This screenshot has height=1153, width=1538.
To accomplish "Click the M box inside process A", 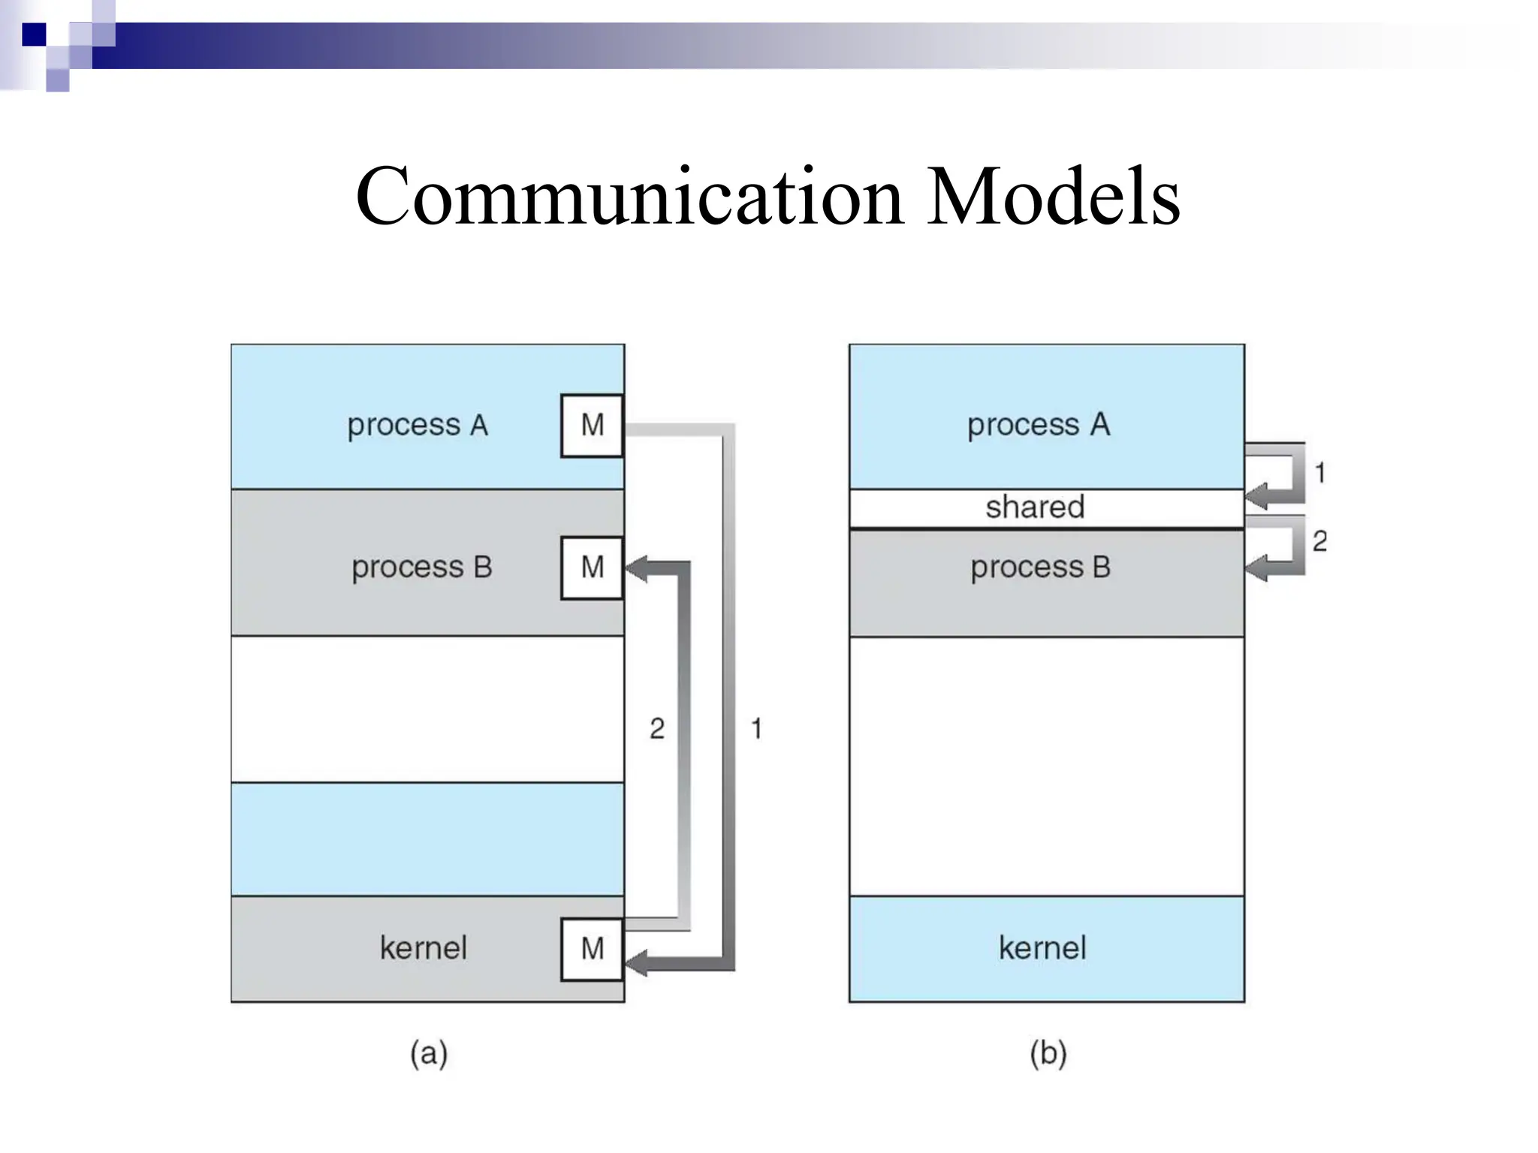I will point(592,426).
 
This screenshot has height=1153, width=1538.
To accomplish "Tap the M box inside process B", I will point(592,567).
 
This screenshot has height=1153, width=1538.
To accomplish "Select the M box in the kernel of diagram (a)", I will point(592,949).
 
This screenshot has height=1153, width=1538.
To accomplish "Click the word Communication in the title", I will point(629,197).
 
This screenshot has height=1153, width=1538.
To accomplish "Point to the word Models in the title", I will point(1052,197).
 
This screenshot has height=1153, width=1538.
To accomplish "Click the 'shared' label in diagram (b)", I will point(1034,507).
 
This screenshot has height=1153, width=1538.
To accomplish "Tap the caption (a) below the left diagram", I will point(429,1053).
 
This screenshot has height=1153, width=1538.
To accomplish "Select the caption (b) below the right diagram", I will point(1048,1053).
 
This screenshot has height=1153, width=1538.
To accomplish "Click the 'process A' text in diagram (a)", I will point(418,426).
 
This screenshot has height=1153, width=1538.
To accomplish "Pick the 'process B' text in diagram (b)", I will point(1040,567).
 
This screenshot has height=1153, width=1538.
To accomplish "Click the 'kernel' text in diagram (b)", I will point(1042,948).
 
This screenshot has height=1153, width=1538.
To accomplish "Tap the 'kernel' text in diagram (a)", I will point(423,948).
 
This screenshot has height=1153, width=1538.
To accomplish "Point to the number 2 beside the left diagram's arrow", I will point(657,728).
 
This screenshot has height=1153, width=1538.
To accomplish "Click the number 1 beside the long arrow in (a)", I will point(756,728).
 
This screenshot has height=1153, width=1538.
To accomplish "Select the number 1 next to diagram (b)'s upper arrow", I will point(1319,473).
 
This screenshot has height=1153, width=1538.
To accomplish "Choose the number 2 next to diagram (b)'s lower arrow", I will point(1319,540).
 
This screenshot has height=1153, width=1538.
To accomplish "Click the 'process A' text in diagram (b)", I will point(1038,425).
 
